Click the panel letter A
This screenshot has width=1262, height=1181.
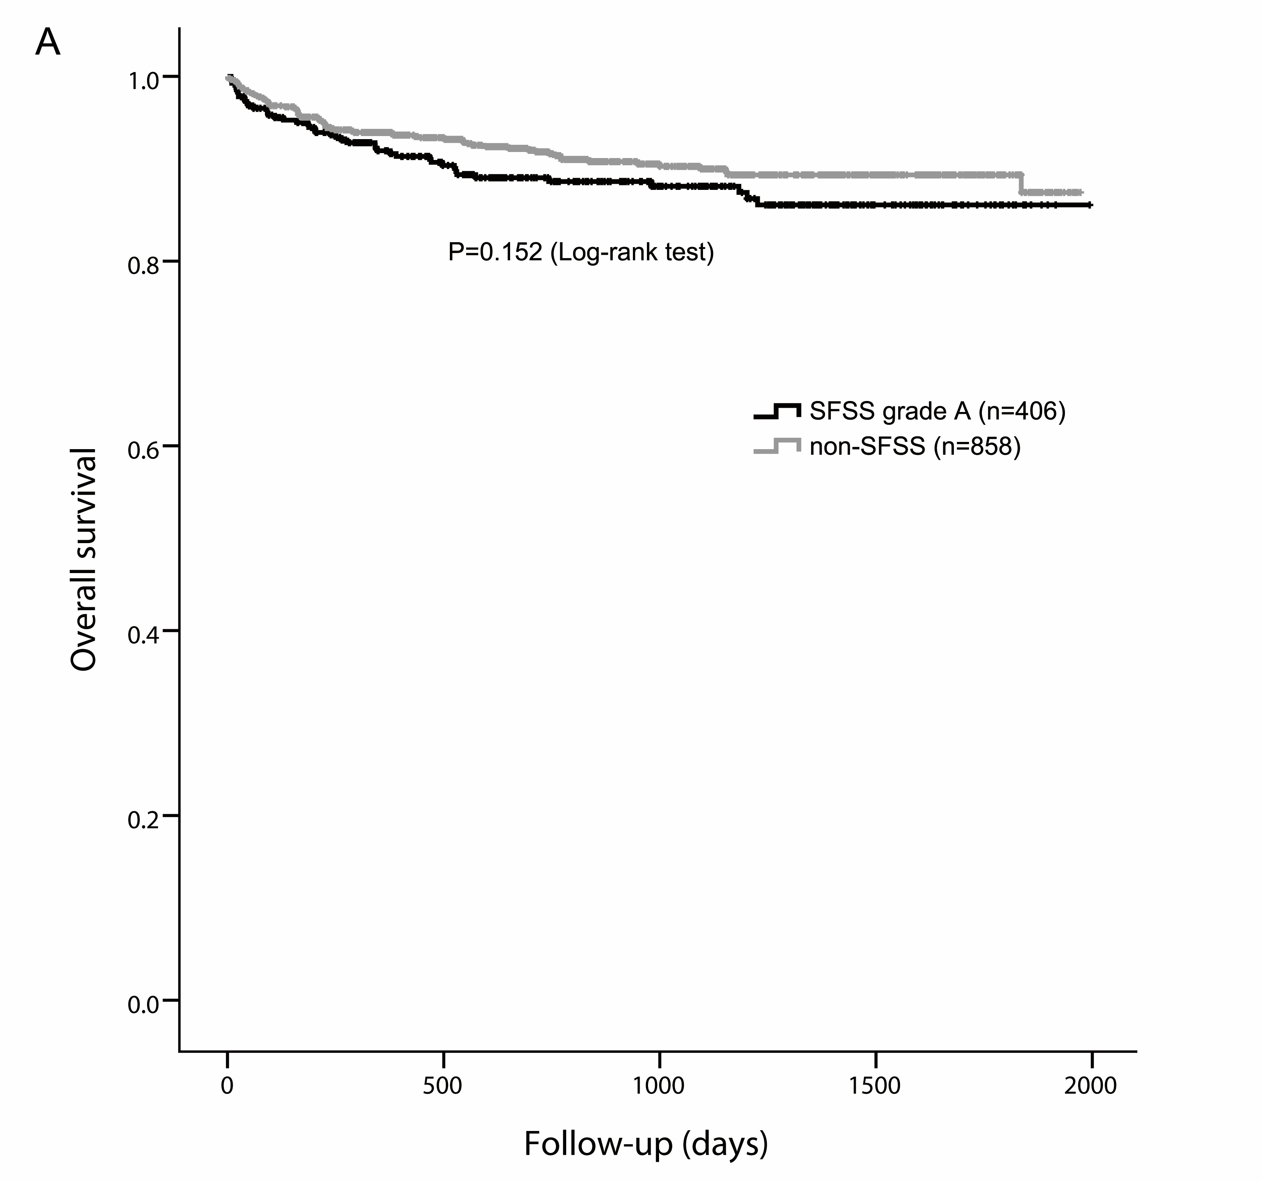pos(48,43)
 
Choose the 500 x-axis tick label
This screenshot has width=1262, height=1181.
pos(443,1086)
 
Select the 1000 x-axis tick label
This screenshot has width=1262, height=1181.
pos(659,1086)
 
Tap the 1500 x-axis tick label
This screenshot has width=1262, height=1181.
pos(875,1086)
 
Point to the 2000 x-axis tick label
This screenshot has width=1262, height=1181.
pos(1091,1086)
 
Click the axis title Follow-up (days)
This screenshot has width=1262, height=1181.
pos(646,1145)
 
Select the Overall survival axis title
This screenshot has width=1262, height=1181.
pos(84,559)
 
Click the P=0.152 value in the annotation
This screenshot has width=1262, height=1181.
pos(495,253)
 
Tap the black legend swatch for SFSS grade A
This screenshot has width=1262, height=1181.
pos(777,412)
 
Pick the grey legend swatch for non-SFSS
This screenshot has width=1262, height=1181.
pos(777,446)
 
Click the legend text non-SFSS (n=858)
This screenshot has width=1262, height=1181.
pos(915,446)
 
